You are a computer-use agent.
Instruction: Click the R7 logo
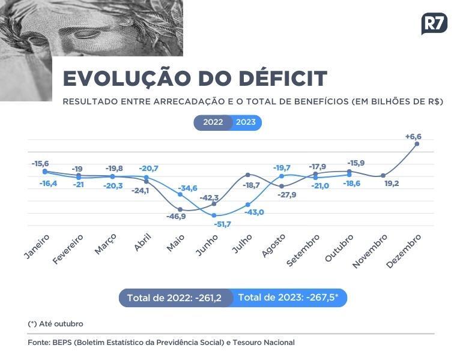[434, 23]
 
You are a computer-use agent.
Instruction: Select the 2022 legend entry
[213, 122]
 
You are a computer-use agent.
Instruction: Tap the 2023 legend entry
[246, 122]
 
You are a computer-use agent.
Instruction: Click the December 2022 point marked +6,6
[417, 144]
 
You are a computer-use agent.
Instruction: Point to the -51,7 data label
[222, 224]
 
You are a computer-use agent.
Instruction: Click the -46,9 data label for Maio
[176, 217]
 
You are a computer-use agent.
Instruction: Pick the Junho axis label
[207, 245]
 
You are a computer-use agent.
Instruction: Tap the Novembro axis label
[370, 251]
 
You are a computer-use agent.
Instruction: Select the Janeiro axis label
[37, 247]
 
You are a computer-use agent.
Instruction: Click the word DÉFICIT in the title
[283, 79]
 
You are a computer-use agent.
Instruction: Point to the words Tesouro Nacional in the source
[264, 343]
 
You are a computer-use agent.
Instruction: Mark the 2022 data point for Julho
[248, 175]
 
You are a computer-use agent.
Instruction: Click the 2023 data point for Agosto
[282, 176]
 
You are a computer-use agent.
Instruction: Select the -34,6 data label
[188, 188]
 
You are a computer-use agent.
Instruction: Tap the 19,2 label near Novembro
[392, 184]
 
